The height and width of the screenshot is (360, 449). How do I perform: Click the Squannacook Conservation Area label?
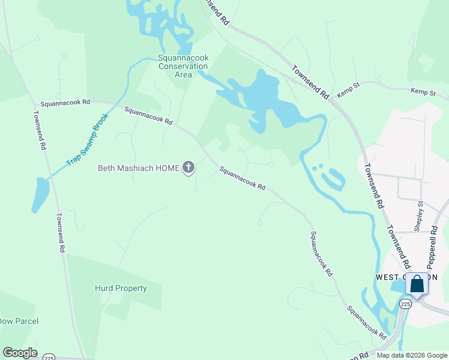[183, 66]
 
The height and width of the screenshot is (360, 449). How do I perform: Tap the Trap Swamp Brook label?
[88, 139]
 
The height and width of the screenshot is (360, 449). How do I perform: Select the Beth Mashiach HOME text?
[139, 168]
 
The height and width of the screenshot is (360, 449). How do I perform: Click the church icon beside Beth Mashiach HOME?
[188, 168]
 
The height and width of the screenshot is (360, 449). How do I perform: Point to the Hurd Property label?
[121, 288]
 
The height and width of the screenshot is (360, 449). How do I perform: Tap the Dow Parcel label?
[18, 321]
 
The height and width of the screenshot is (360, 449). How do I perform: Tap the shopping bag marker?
[417, 284]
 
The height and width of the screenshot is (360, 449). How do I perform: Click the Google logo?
[20, 353]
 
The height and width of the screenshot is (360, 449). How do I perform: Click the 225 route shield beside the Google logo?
[49, 356]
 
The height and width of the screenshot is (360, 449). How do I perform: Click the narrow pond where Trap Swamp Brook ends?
[40, 195]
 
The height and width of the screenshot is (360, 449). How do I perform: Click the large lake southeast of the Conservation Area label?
[264, 96]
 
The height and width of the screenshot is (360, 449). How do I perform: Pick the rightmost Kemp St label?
[423, 92]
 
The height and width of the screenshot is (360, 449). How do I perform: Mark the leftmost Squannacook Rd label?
[65, 103]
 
